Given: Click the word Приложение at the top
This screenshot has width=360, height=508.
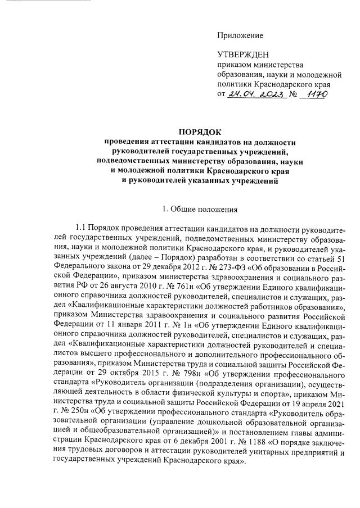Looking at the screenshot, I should tap(240, 36).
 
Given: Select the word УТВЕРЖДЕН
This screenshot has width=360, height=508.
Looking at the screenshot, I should tap(242, 55).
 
